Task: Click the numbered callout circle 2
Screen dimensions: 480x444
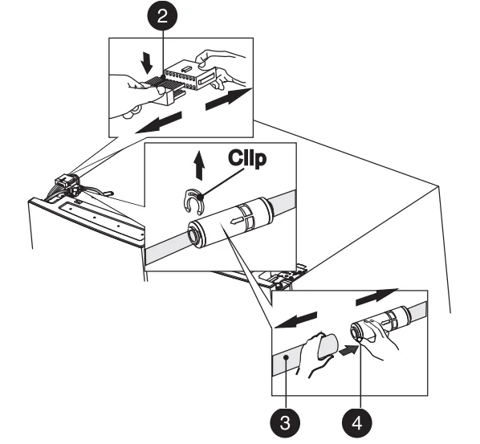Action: click(x=162, y=15)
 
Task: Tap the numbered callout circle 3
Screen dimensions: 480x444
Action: click(x=285, y=423)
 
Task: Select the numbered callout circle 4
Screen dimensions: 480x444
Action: click(x=357, y=423)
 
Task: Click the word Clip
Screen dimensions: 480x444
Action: click(x=247, y=158)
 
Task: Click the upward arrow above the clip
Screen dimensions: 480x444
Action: click(x=200, y=165)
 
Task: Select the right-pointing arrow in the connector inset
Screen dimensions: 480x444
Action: click(x=229, y=99)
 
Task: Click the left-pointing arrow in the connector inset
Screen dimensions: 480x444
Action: click(x=159, y=123)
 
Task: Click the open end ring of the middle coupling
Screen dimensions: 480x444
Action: click(x=193, y=235)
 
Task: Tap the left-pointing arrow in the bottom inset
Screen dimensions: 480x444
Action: click(x=295, y=320)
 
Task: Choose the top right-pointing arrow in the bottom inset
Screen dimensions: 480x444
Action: click(x=376, y=297)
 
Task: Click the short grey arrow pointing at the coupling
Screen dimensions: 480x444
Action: click(x=349, y=349)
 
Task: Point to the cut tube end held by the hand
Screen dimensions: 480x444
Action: click(x=328, y=347)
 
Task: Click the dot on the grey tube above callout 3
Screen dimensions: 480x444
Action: click(x=286, y=357)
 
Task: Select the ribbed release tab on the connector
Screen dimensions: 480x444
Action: click(x=154, y=80)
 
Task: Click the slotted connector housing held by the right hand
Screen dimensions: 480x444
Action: click(x=190, y=75)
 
